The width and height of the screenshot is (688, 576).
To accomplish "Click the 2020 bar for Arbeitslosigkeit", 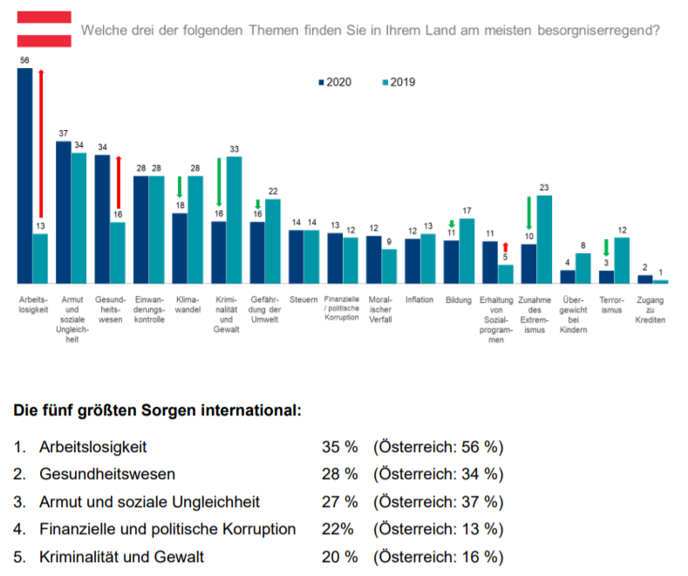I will [x=25, y=175].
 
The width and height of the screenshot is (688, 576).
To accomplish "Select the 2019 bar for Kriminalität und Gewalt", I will [x=234, y=219].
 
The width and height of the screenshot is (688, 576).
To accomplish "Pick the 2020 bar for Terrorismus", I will [x=607, y=276].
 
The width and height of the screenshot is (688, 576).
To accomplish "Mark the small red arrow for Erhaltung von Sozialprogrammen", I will [x=506, y=250].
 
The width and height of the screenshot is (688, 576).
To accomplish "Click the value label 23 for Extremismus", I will [x=545, y=188].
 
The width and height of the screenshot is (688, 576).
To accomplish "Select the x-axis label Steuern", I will [x=303, y=299].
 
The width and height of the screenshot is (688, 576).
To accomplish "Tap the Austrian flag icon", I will [x=44, y=29].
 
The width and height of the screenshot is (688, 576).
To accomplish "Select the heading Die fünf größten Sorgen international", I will [x=158, y=409].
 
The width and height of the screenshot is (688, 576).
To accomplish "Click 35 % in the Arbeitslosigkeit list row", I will [x=340, y=447].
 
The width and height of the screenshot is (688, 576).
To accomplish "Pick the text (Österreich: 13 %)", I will [x=439, y=529].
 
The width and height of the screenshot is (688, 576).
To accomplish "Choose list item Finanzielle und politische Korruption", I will [x=167, y=529].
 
